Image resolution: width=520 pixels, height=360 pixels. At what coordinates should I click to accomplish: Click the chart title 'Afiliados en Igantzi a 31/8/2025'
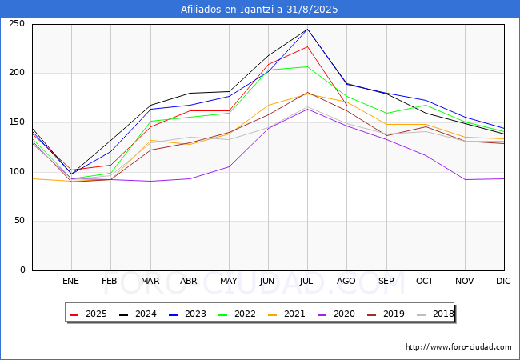click(260, 10)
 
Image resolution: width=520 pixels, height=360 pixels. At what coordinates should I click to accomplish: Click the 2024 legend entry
click(139, 314)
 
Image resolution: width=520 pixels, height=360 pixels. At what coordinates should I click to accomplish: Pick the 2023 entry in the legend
click(188, 314)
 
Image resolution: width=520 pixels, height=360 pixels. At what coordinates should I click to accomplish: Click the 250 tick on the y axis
click(17, 24)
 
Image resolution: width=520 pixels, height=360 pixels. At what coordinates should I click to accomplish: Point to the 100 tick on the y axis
click(17, 172)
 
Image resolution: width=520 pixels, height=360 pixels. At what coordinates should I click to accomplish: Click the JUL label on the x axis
click(307, 282)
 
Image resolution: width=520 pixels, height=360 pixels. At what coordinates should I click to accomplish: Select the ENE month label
click(71, 282)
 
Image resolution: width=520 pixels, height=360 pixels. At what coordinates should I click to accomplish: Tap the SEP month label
click(386, 282)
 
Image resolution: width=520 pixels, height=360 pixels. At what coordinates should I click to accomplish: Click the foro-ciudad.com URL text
click(458, 347)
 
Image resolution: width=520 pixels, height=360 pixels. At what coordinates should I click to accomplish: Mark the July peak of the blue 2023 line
click(307, 29)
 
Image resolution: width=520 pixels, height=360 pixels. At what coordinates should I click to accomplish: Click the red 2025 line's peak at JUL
click(307, 46)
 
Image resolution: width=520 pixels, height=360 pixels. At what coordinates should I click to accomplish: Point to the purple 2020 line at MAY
click(229, 166)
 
